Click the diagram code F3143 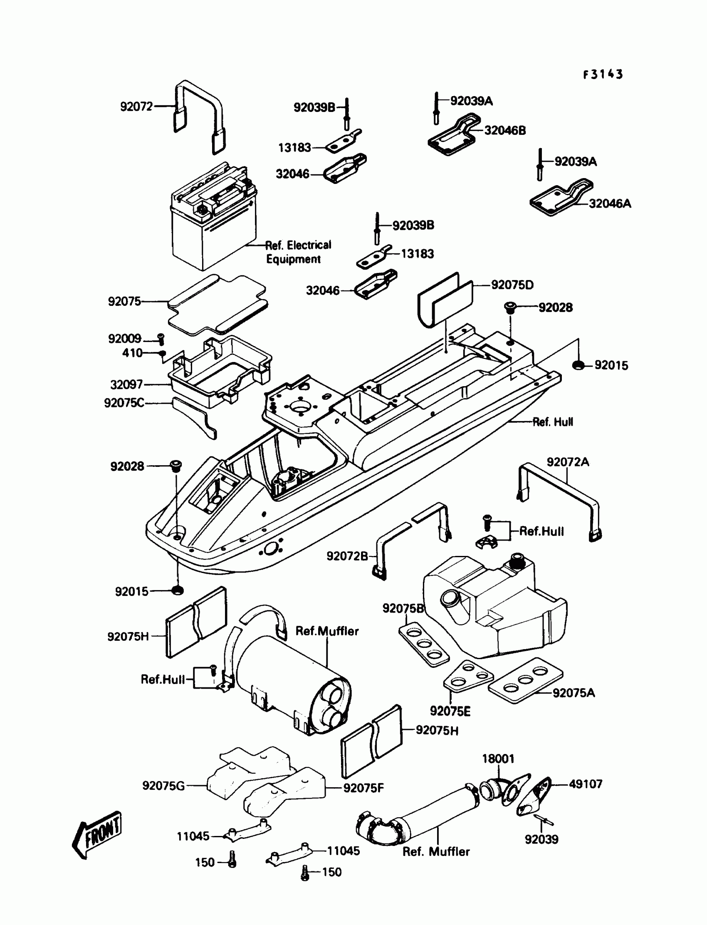[x=603, y=74]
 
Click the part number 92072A [x=568, y=462]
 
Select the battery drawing [x=214, y=217]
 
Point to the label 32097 [x=126, y=384]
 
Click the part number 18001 [x=498, y=759]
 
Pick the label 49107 [x=586, y=784]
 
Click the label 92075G [x=163, y=786]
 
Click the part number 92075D [x=512, y=285]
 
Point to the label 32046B [x=505, y=131]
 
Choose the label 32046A [x=610, y=204]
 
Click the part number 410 [x=132, y=353]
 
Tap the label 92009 [x=125, y=339]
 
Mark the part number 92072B [x=347, y=556]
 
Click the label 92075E [x=450, y=711]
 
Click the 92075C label [x=124, y=403]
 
